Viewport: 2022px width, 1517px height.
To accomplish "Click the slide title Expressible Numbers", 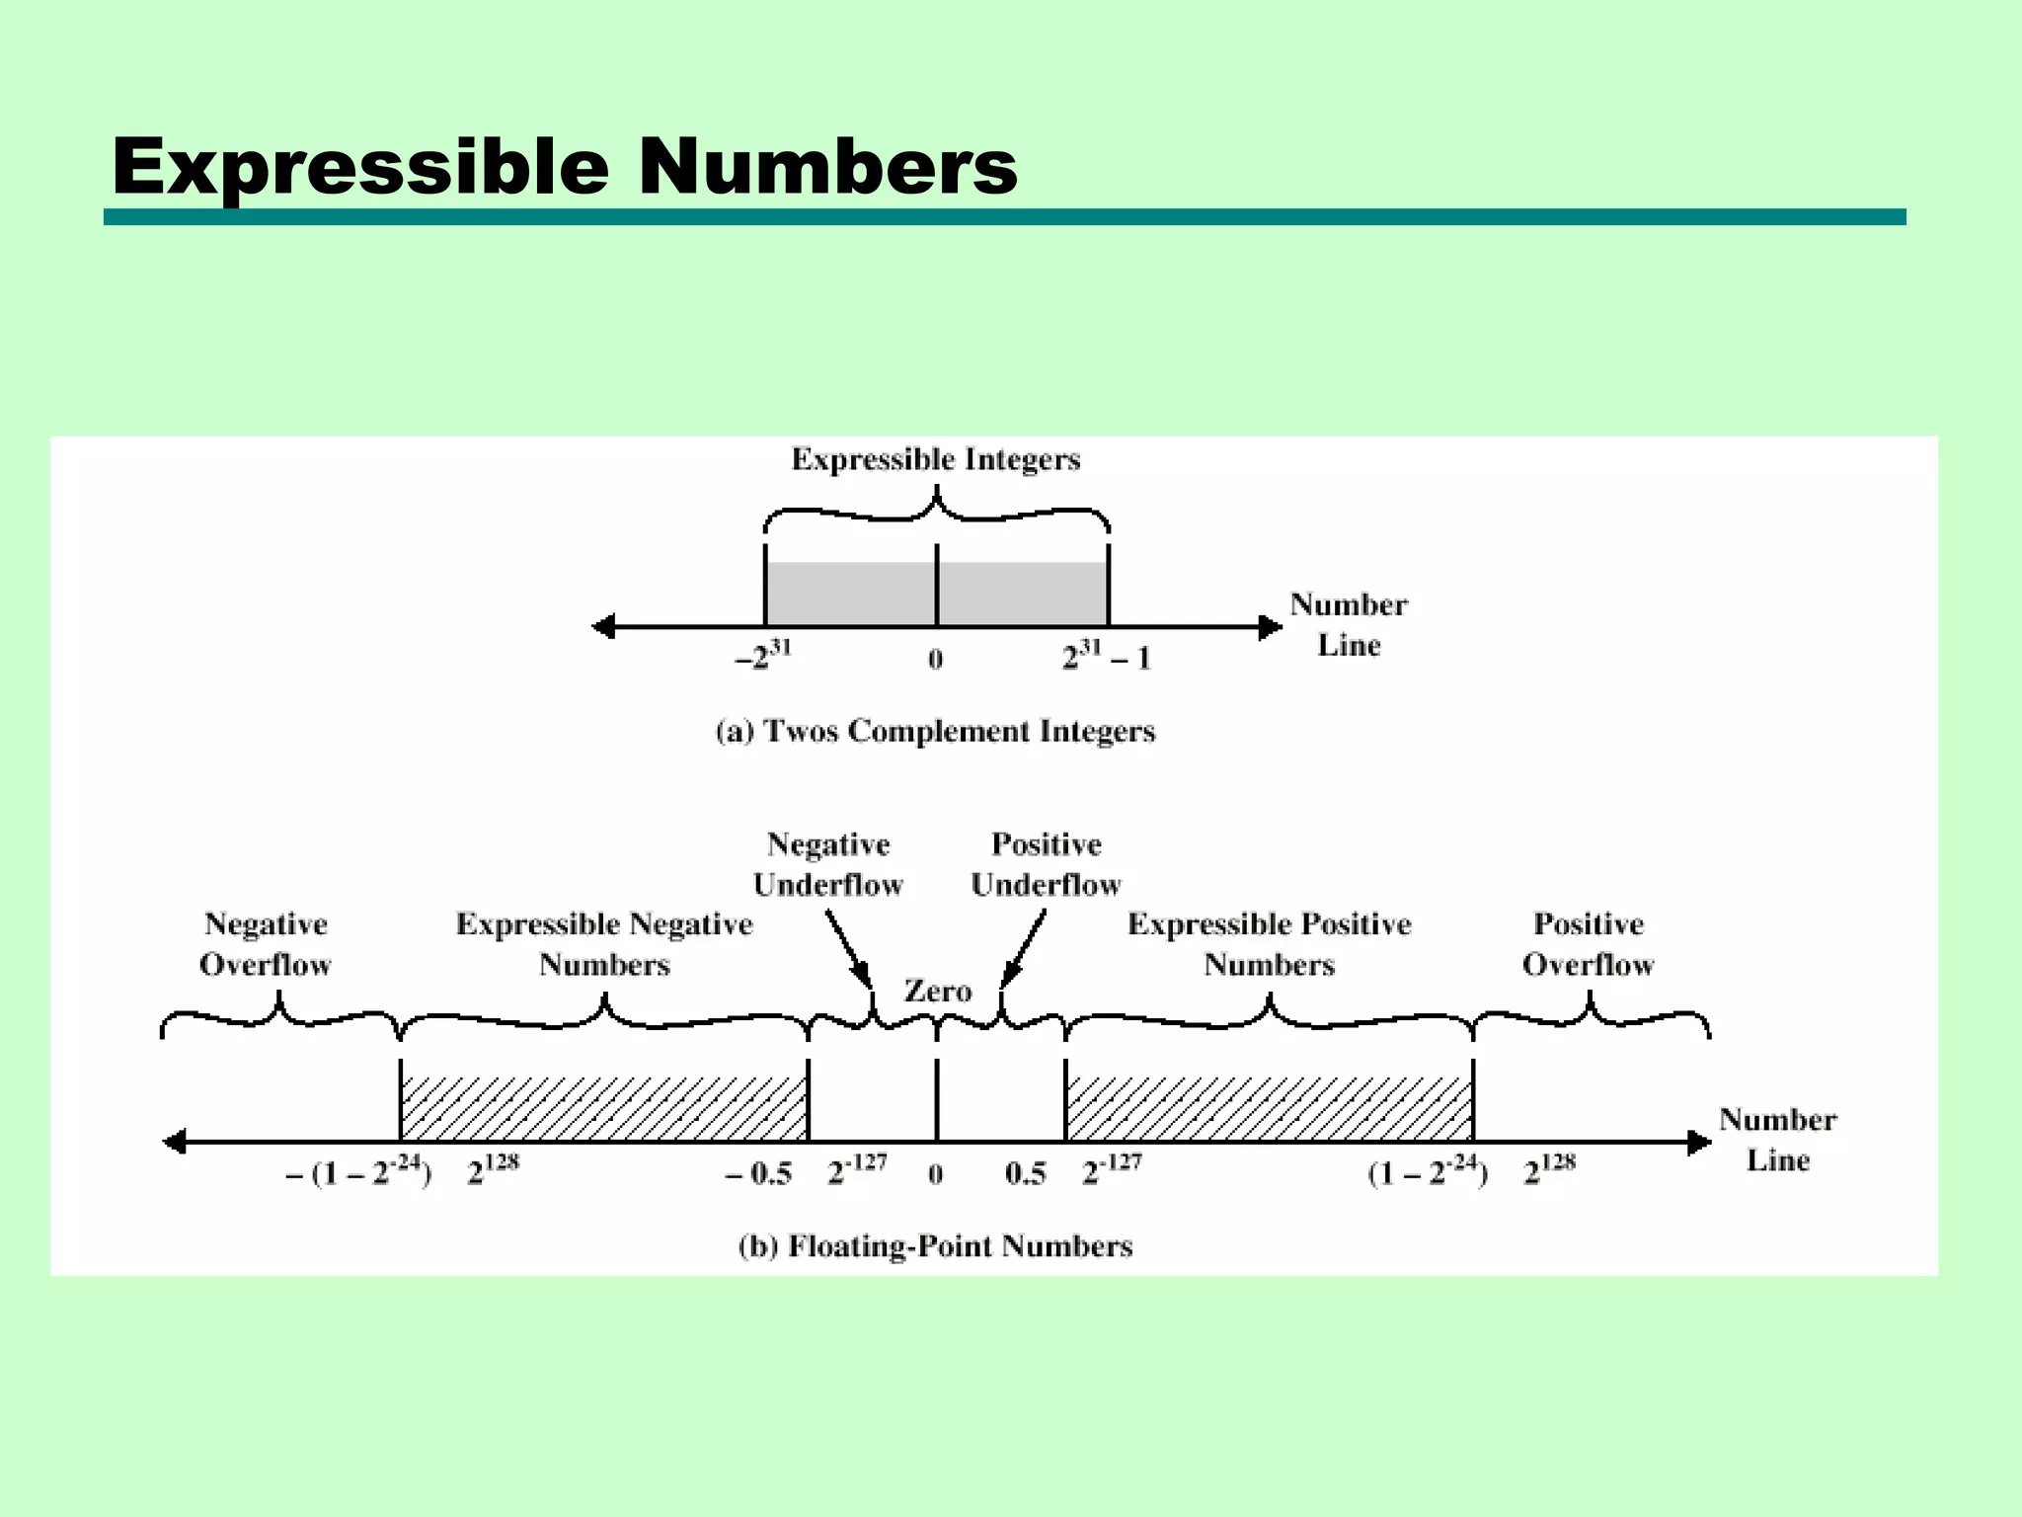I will point(564,166).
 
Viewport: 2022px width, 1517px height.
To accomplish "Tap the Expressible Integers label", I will point(935,459).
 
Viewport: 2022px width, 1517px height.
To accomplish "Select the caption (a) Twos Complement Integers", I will point(935,731).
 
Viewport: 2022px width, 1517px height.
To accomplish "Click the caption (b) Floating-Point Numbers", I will point(935,1246).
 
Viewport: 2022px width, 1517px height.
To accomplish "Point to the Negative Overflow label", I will point(266,944).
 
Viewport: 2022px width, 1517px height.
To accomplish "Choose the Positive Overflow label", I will point(1588,944).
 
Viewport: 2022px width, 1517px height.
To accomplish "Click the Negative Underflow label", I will point(828,864).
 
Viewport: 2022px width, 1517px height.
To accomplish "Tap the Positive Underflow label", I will point(1046,864).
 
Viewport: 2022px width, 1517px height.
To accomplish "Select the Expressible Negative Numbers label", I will point(604,944).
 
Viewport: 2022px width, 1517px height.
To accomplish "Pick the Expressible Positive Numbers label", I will point(1270,944).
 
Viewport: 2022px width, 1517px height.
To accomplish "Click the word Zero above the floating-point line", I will point(937,991).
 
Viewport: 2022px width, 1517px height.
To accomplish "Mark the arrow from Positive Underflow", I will point(1023,948).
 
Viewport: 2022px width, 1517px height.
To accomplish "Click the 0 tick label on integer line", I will point(936,660).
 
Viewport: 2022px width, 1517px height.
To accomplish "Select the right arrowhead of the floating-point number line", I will point(1699,1143).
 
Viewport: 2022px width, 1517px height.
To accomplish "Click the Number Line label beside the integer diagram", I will point(1349,624).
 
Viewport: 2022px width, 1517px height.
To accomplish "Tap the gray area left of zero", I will point(850,594).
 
